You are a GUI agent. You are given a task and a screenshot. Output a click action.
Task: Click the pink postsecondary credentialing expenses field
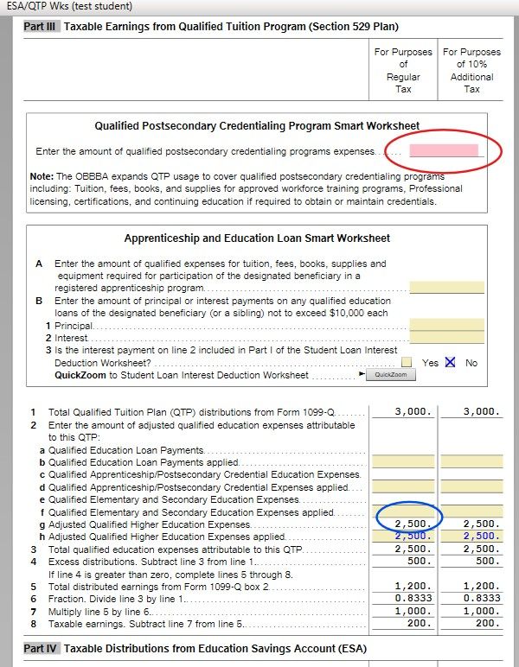coord(444,151)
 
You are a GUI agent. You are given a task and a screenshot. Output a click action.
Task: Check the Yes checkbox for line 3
coord(407,363)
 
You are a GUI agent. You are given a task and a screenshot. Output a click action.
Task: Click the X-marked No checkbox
coord(450,363)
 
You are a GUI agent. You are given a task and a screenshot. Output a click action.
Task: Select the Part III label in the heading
coord(40,28)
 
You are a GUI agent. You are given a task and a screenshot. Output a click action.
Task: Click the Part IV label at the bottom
coord(40,648)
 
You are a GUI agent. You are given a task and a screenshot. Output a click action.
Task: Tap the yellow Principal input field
coord(446,326)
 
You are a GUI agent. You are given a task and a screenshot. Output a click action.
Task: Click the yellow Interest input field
coord(446,338)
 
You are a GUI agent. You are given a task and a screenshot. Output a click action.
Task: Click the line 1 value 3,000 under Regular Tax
coord(413,412)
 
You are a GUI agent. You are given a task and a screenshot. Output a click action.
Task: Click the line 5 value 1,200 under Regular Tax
coord(413,586)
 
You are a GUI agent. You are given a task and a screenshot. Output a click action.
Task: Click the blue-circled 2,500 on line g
coord(412,524)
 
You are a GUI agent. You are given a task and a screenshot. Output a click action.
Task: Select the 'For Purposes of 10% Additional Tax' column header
coord(471,70)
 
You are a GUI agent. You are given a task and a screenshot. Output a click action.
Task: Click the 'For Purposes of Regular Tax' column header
coord(403,70)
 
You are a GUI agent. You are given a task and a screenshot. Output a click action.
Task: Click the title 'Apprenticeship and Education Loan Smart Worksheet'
coord(256,238)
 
